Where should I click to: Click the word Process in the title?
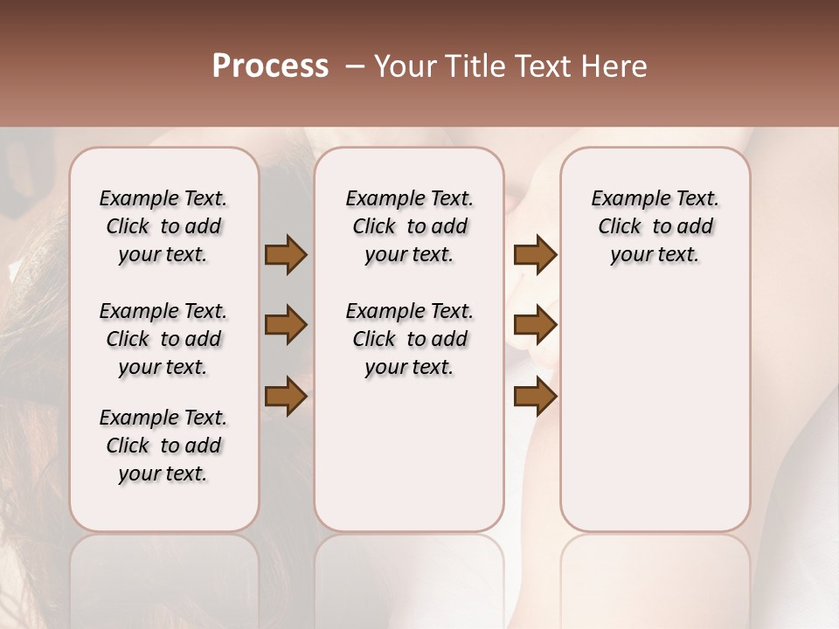point(270,66)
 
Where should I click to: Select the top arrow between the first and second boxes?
point(285,255)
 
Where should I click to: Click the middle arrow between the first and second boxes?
point(285,326)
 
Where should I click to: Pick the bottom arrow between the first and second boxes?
point(285,397)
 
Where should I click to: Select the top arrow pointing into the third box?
point(535,255)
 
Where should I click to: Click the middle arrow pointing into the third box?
point(535,326)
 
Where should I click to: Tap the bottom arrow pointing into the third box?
point(535,397)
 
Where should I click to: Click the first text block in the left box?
point(163,226)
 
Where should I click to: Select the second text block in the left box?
point(163,339)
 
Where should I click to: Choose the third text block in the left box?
point(163,446)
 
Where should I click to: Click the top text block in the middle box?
point(409,226)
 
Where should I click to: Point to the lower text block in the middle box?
point(409,339)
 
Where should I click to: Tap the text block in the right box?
point(655,226)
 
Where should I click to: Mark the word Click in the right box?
point(620,227)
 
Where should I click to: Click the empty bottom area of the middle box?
point(409,463)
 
